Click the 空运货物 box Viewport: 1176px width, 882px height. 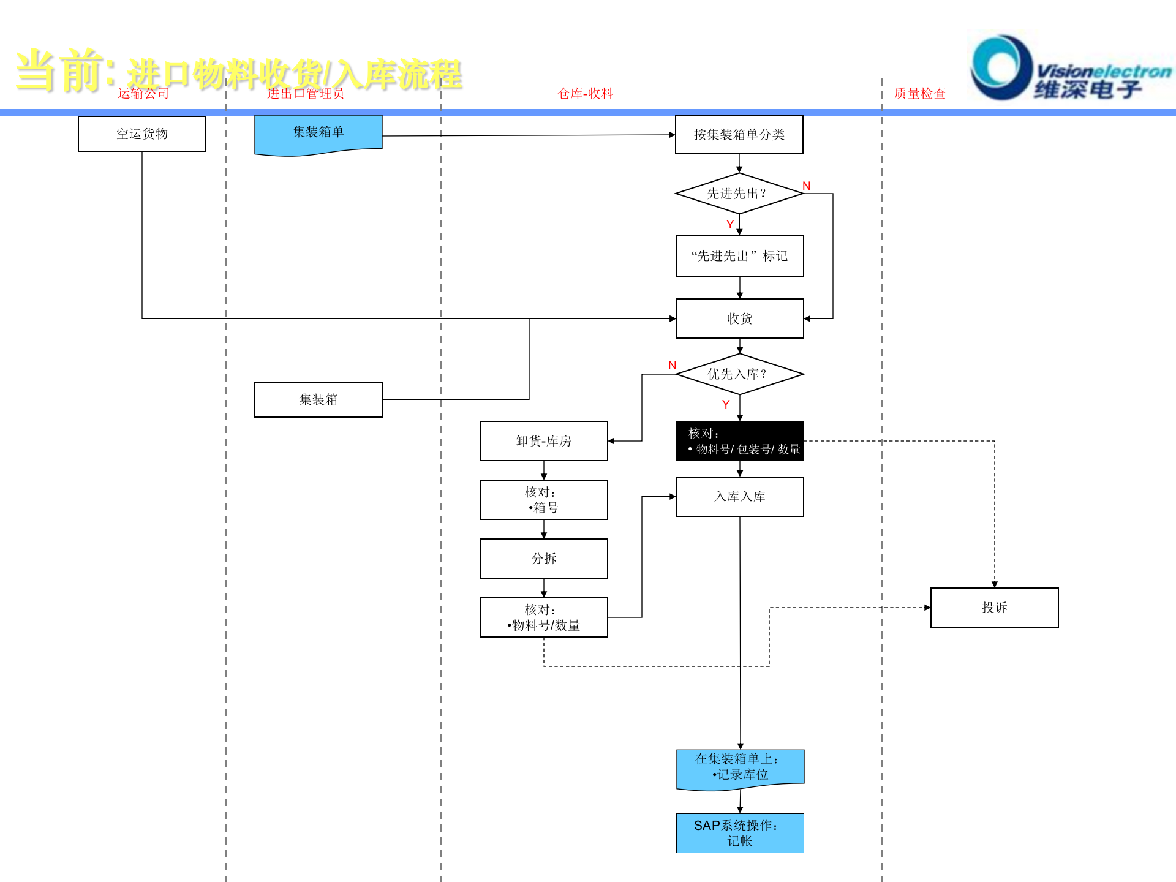[142, 134]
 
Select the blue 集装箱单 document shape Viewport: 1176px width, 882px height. [318, 133]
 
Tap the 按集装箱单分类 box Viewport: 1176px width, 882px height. [739, 134]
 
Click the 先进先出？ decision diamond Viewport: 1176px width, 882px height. [739, 194]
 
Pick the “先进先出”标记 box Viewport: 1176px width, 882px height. [739, 256]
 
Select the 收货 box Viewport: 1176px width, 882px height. [739, 318]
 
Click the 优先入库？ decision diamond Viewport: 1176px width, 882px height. [739, 374]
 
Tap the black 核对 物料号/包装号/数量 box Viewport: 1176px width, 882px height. [739, 441]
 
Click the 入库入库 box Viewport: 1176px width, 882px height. [739, 497]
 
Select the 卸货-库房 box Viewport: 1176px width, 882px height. [543, 441]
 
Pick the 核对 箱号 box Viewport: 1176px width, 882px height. [543, 500]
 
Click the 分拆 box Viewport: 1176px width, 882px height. [543, 559]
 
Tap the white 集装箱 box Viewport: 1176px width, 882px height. [318, 399]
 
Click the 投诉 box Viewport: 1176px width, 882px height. [994, 608]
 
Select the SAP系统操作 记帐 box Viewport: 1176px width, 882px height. [739, 833]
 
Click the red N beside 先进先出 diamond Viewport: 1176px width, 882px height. [806, 186]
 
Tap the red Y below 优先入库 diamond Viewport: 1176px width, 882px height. [726, 404]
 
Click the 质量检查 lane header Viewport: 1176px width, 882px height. [919, 93]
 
